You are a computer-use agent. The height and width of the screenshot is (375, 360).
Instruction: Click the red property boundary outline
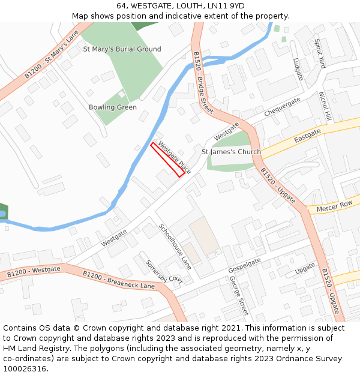click(167, 160)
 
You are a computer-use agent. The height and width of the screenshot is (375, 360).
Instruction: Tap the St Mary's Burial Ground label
click(122, 49)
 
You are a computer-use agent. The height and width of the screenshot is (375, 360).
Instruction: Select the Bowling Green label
click(113, 107)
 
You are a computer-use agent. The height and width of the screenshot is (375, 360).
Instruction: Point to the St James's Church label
click(231, 152)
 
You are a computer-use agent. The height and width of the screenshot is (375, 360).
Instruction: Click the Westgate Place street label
click(175, 158)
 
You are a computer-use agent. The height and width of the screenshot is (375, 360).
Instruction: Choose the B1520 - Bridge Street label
click(203, 82)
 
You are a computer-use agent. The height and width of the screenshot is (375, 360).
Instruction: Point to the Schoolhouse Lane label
click(175, 246)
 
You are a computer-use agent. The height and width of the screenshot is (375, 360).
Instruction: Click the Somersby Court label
click(164, 271)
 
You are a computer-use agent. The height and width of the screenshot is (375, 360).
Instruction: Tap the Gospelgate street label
click(245, 266)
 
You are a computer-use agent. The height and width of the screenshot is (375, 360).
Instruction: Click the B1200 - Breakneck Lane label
click(119, 280)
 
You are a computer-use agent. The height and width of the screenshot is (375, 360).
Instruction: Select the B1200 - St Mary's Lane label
click(52, 55)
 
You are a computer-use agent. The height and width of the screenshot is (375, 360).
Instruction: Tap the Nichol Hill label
click(325, 106)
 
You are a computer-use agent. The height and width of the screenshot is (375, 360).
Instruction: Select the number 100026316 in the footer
click(25, 368)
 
